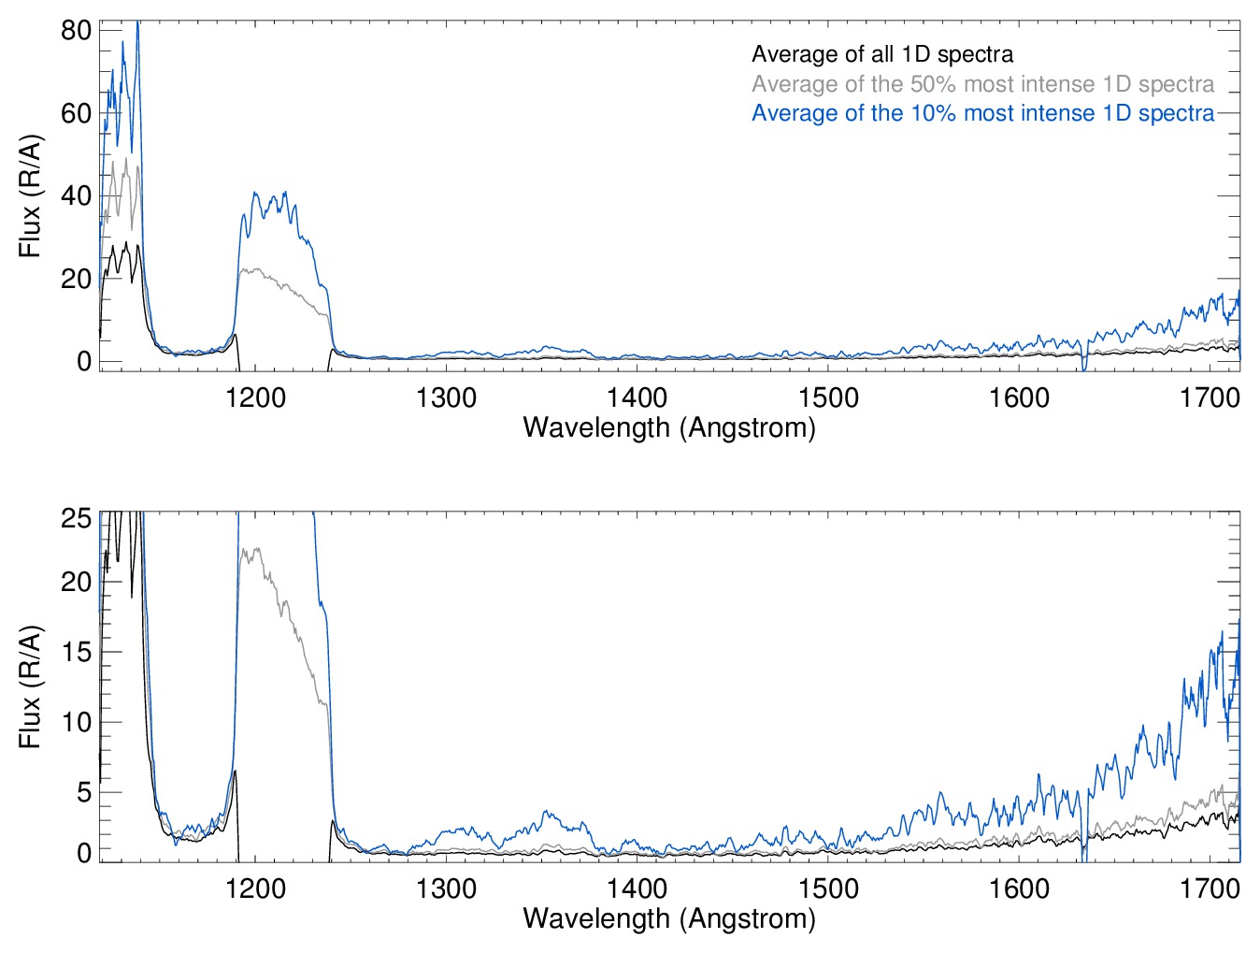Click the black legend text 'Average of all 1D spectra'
click(881, 54)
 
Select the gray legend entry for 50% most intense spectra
click(982, 84)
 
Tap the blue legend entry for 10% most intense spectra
click(982, 113)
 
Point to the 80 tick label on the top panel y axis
click(76, 30)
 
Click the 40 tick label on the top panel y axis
click(76, 196)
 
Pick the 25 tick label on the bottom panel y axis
click(76, 518)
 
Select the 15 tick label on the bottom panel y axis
click(76, 652)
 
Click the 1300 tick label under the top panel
click(446, 397)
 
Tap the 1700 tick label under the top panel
click(1210, 397)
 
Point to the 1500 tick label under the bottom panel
click(828, 888)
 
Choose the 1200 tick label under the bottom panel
click(255, 888)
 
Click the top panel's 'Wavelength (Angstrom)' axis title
click(669, 427)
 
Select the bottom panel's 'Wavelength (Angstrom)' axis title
click(669, 917)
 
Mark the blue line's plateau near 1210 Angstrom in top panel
click(271, 204)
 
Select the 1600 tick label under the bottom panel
click(1019, 888)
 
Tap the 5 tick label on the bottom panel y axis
click(84, 792)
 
